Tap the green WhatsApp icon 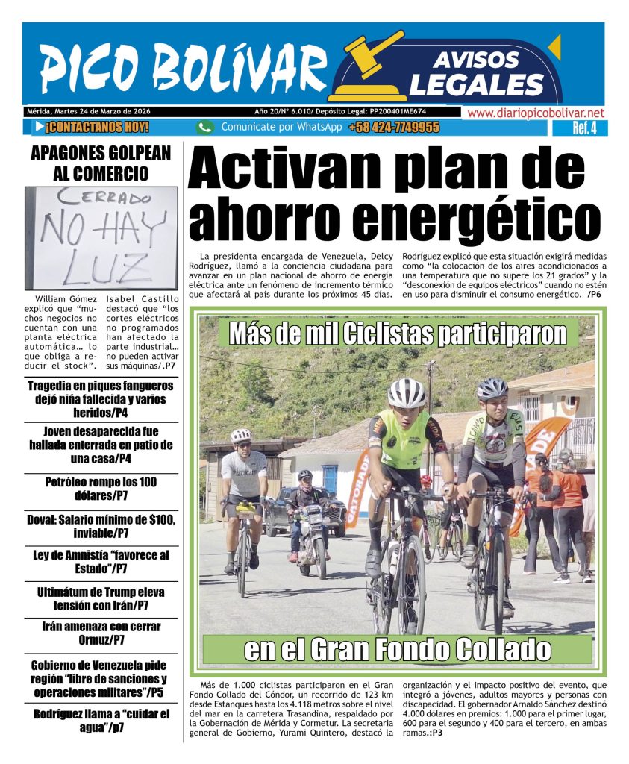click(x=205, y=128)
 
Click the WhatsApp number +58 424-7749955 click(x=393, y=128)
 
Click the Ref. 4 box click(x=584, y=128)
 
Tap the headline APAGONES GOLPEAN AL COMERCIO click(x=101, y=163)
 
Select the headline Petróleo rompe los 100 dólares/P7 click(x=101, y=489)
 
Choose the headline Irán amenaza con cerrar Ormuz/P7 click(x=101, y=633)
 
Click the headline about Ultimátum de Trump click(x=101, y=598)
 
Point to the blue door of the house click(x=330, y=480)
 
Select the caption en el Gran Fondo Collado click(x=397, y=651)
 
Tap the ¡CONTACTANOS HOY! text click(x=97, y=128)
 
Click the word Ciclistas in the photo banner click(x=389, y=334)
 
